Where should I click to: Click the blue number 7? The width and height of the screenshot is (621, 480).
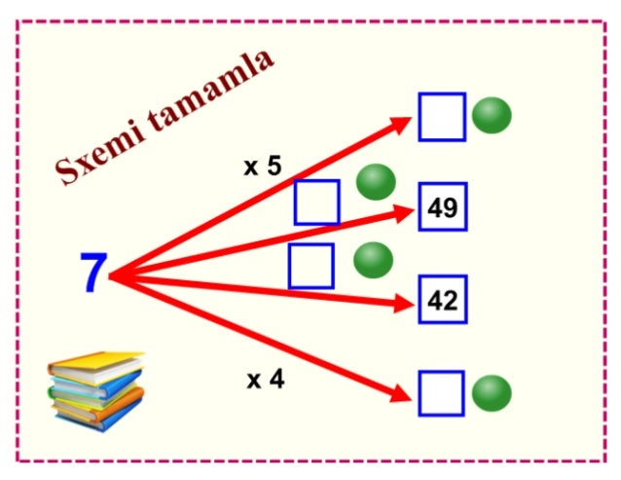(x=93, y=273)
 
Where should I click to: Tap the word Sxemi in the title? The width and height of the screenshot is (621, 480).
(x=100, y=154)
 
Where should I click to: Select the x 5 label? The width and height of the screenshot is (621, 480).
(x=263, y=166)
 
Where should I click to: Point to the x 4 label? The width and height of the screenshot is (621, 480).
(x=266, y=380)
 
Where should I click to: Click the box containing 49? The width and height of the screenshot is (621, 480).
(x=443, y=206)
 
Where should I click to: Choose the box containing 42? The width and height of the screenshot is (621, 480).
(x=443, y=300)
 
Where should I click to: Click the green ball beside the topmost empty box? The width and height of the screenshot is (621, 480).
(x=492, y=115)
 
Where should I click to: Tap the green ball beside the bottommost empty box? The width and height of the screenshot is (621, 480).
(x=492, y=393)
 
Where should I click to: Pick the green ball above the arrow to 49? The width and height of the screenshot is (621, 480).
(x=376, y=182)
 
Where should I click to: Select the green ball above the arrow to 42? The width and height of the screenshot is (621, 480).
(x=373, y=260)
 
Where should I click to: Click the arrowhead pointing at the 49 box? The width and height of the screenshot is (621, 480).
(x=403, y=213)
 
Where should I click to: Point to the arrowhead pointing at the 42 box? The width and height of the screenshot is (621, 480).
(x=403, y=304)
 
